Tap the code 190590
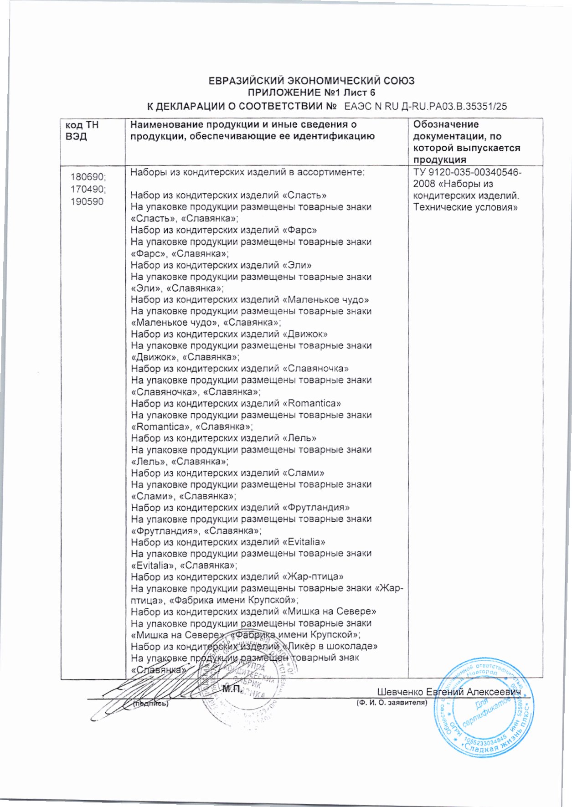click(87, 201)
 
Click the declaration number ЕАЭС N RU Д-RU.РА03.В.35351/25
click(426, 107)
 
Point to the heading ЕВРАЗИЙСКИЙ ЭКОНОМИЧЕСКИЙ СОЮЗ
click(311, 81)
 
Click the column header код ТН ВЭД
click(82, 130)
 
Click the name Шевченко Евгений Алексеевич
click(449, 692)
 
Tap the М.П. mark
click(232, 689)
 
